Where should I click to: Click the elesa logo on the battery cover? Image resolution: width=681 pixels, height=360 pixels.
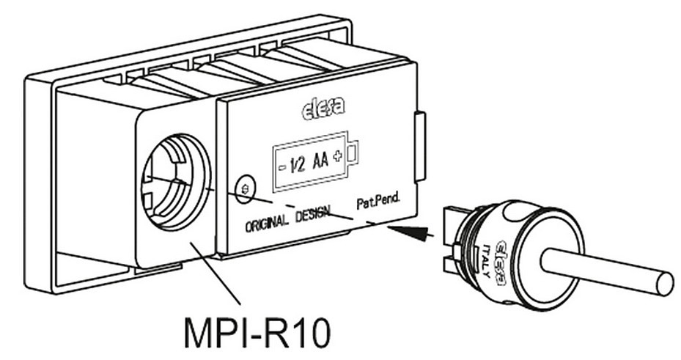(x=323, y=111)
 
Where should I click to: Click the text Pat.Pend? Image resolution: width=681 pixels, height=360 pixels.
(x=377, y=201)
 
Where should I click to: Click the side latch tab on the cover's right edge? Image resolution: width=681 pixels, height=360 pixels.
(x=419, y=146)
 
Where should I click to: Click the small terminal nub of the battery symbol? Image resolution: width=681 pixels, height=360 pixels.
(x=353, y=153)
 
